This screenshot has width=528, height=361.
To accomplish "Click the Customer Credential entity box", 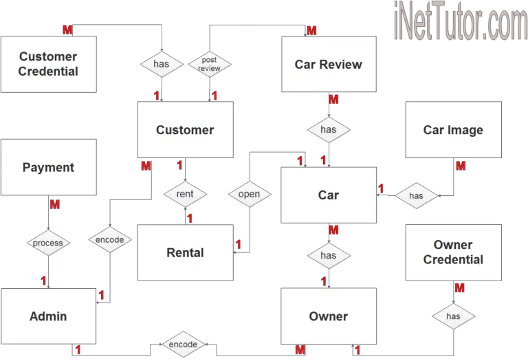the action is (49, 64).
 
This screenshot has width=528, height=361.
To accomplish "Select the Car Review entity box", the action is (329, 64).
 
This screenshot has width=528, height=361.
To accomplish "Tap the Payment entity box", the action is (49, 167).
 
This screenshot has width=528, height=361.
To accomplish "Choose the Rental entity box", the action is (185, 252).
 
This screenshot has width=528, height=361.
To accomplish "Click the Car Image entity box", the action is (453, 130).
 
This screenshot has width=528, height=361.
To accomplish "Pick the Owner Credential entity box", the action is (453, 252).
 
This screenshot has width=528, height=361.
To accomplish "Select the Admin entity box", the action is (48, 316).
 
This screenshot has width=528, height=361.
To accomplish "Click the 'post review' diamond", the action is (210, 64).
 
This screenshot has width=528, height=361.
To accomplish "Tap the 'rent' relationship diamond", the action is (185, 194).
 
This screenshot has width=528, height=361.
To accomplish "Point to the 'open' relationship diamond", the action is (250, 194).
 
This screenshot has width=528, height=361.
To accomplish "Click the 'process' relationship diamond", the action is (48, 243).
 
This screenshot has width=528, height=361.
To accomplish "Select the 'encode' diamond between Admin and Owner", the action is (183, 344).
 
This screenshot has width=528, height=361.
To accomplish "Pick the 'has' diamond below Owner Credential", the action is (453, 316).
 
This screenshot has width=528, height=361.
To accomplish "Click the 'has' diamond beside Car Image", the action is (416, 196).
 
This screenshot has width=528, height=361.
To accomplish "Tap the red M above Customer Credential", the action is (67, 30).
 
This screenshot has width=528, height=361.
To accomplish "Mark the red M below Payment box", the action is (55, 204).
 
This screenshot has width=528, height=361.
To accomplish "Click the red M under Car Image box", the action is (461, 166).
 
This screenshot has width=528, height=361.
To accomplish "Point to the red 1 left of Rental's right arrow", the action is (239, 244).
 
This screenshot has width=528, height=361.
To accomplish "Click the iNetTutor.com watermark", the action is (461, 21).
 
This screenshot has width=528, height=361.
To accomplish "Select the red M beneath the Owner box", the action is (300, 350).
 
